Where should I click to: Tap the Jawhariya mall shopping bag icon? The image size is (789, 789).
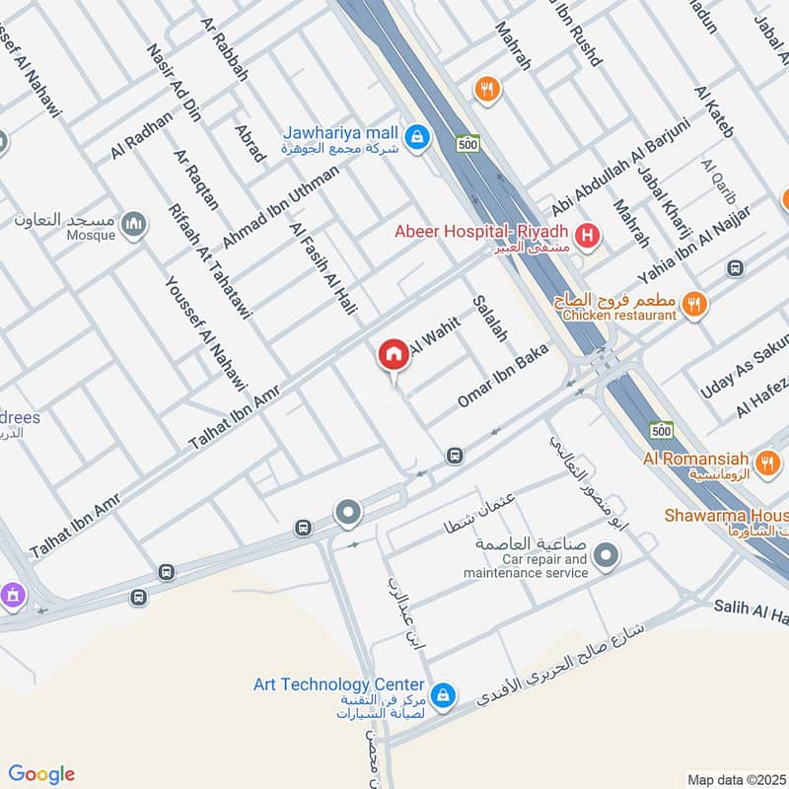417,135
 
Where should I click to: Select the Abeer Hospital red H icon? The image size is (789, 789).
588,235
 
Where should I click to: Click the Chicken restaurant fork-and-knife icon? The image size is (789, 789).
695,306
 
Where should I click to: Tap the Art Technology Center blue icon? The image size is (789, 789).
443,696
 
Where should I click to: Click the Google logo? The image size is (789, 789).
41,774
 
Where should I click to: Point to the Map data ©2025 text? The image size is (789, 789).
737,779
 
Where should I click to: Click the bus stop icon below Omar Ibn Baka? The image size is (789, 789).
453,456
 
